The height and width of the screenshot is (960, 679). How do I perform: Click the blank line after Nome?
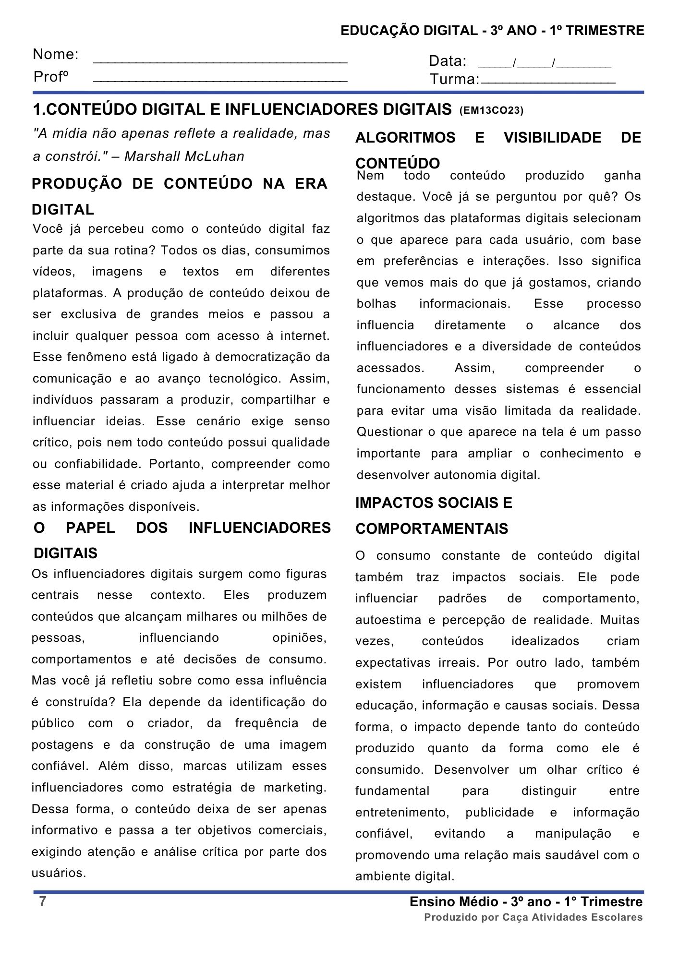(220, 60)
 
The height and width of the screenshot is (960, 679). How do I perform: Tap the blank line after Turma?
(547, 82)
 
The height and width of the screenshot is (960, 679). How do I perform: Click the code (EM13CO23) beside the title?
(491, 111)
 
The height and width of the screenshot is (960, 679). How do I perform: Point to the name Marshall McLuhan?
(184, 156)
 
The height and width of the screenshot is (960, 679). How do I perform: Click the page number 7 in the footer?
(43, 901)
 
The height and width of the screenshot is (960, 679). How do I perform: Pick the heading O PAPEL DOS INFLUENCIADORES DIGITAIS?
(182, 540)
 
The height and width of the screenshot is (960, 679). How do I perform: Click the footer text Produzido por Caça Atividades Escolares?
(533, 917)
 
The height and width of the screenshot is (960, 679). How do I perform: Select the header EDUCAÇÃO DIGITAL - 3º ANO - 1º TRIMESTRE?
(492, 31)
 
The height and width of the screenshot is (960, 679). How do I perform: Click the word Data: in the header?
(447, 61)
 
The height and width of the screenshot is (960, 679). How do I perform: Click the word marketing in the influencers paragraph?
(293, 788)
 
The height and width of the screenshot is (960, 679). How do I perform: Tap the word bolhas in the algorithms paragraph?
(376, 304)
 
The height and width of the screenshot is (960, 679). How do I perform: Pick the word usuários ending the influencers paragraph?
(59, 873)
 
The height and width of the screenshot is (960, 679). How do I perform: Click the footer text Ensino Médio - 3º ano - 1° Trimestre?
(526, 902)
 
